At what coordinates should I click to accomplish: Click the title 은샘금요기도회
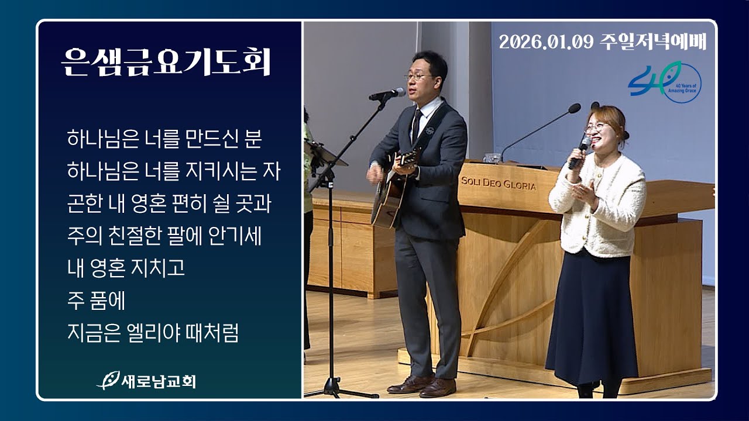pyautogui.click(x=166, y=61)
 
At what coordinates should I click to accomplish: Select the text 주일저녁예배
pyautogui.click(x=654, y=42)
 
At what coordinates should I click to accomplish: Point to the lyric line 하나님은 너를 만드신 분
pyautogui.click(x=164, y=140)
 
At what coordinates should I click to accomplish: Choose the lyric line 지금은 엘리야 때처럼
pyautogui.click(x=153, y=333)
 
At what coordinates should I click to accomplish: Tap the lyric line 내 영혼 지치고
pyautogui.click(x=126, y=268)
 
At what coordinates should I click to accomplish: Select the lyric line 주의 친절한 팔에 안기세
pyautogui.click(x=164, y=236)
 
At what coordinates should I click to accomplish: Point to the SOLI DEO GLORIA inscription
pyautogui.click(x=498, y=184)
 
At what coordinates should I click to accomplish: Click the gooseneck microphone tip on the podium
pyautogui.click(x=574, y=108)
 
